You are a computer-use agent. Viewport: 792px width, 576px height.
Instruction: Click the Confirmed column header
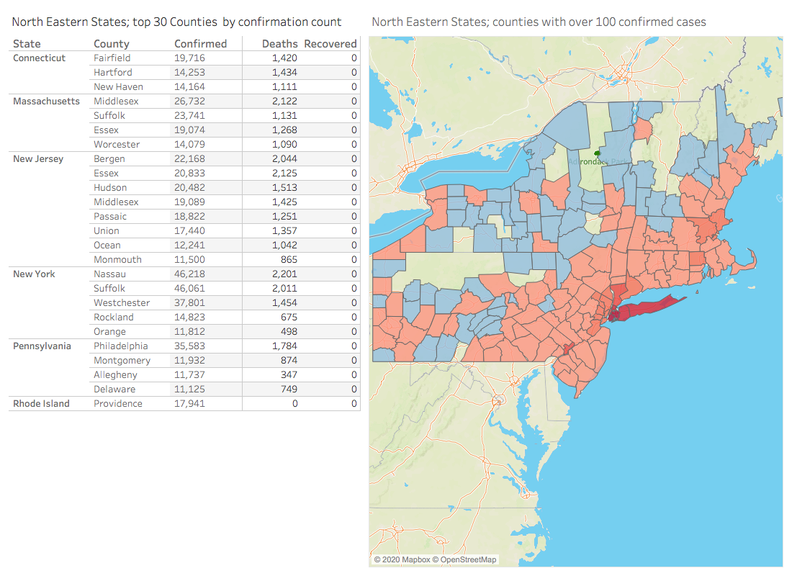coord(200,44)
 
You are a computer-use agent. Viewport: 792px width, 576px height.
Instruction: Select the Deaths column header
coord(279,44)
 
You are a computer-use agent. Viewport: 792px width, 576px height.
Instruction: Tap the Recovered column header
coord(330,44)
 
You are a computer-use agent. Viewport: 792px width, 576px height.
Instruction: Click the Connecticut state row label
coord(40,58)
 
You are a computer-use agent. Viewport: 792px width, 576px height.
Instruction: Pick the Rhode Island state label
coord(42,403)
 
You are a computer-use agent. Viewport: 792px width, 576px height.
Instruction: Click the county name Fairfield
coord(112,58)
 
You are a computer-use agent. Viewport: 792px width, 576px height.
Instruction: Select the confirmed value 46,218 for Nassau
coord(190,274)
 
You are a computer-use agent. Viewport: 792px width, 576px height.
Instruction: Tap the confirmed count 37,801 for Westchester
coord(190,302)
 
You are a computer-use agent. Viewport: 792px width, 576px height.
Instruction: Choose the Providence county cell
coord(118,403)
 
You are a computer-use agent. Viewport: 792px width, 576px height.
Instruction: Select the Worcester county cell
coord(117,144)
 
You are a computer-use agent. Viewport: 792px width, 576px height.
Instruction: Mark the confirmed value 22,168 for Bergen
coord(190,158)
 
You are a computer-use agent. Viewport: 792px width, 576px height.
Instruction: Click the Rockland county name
coord(114,317)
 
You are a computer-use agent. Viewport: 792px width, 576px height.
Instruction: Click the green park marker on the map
coord(597,153)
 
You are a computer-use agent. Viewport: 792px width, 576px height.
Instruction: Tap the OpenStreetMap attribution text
coord(468,559)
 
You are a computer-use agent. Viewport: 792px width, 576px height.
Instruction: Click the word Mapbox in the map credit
coord(415,559)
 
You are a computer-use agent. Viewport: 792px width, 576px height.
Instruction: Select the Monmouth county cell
coord(117,259)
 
